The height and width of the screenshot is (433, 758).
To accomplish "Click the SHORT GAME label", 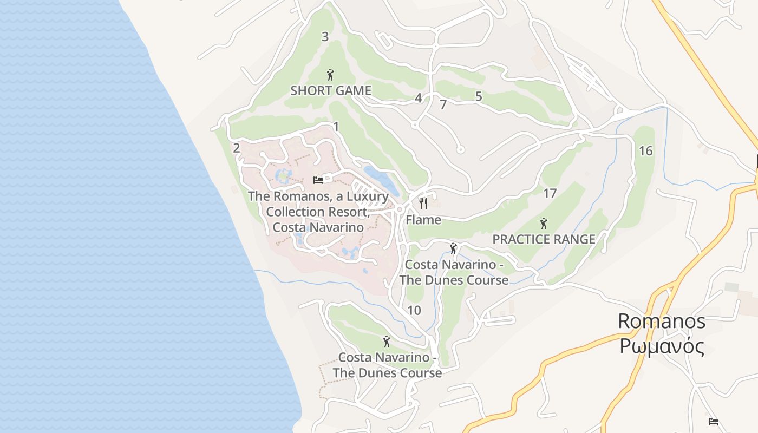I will (x=331, y=90).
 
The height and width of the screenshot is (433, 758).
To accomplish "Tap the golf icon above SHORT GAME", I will (x=330, y=75).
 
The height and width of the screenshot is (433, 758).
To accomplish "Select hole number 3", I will (x=325, y=37).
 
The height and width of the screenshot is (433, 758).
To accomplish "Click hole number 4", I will (x=418, y=99).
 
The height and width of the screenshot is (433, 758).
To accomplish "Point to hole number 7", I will (x=443, y=105).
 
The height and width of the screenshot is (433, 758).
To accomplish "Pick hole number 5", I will (x=479, y=96).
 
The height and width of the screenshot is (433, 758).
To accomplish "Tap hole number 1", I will (x=336, y=127).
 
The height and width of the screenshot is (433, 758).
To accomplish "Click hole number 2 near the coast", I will (x=236, y=148).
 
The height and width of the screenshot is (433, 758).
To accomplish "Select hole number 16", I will (x=645, y=151).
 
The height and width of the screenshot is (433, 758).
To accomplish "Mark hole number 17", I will (x=550, y=193).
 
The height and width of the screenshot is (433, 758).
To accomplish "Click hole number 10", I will (x=414, y=311).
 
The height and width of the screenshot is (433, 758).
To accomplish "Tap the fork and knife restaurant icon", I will (x=423, y=204).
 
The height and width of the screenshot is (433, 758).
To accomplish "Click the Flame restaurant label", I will (x=423, y=220).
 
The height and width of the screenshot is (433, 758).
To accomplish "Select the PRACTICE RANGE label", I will (x=544, y=239).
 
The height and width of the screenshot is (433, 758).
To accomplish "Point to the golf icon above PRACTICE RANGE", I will (x=544, y=223).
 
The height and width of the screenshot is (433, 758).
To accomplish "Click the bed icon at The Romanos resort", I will (x=318, y=180).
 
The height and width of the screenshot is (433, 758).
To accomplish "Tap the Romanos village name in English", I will (x=662, y=321).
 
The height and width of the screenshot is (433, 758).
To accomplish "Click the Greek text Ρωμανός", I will (x=662, y=346).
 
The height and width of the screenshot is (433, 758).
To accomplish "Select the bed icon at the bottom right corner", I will (x=714, y=421).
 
